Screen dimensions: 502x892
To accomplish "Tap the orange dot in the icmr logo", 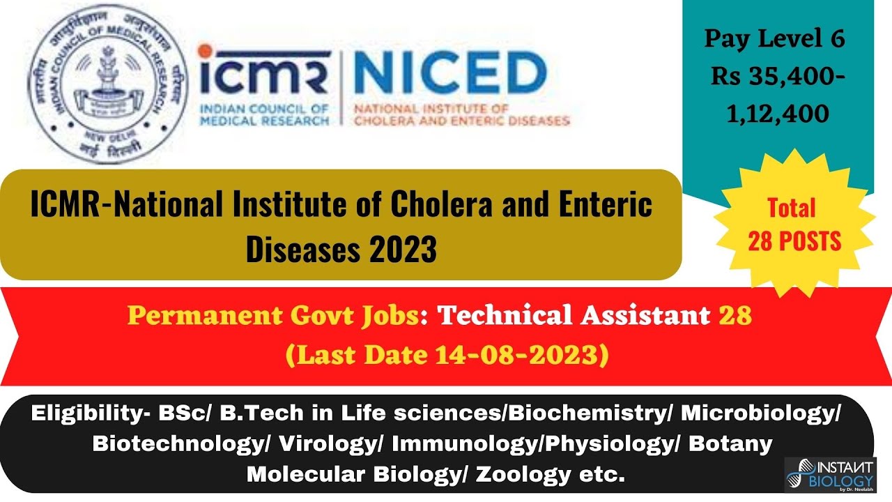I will click(203, 51).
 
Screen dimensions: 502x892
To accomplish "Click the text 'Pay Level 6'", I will click(774, 39).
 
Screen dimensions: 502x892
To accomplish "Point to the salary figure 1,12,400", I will click(778, 114).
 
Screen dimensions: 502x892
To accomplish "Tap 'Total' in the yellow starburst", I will click(792, 208).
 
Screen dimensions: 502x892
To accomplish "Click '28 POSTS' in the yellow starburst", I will click(794, 241).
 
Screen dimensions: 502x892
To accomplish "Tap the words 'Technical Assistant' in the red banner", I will click(573, 316).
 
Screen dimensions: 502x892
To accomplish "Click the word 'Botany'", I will click(730, 443).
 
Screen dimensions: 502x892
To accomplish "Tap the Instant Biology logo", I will click(829, 474).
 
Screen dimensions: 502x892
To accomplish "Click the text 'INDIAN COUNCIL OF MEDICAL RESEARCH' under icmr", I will click(264, 115).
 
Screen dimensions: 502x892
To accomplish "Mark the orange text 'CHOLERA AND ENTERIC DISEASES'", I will click(462, 121).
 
